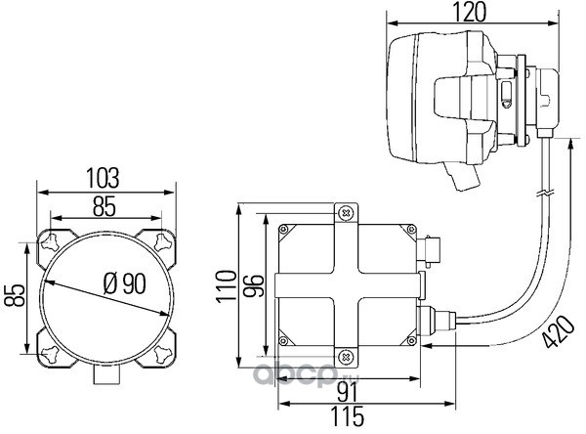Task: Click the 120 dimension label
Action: (x=470, y=12)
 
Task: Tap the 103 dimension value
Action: (x=103, y=178)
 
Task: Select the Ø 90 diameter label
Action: (x=124, y=283)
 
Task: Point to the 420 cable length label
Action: (x=559, y=332)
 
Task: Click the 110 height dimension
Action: (x=227, y=285)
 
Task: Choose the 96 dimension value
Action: (x=253, y=285)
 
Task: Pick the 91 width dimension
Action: (x=347, y=393)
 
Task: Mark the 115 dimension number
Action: (x=347, y=416)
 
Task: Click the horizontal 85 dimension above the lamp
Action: (x=105, y=206)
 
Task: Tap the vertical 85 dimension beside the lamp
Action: (x=15, y=295)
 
